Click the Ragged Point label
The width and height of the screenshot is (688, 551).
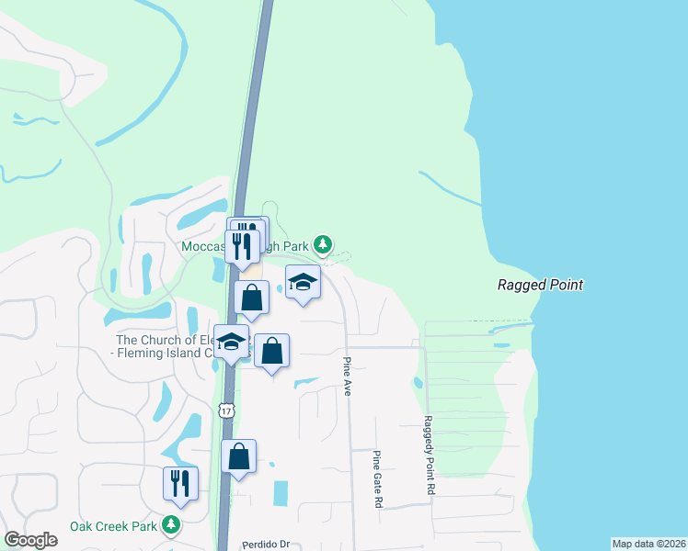(540, 285)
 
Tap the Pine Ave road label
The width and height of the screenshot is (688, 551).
(348, 377)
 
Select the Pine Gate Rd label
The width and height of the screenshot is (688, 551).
(377, 479)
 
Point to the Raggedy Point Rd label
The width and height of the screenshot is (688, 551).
(429, 455)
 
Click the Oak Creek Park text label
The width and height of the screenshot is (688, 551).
(114, 526)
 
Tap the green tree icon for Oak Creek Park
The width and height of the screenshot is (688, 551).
(170, 525)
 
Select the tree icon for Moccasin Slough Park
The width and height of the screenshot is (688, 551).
(322, 244)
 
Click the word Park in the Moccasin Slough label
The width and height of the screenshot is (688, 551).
(292, 245)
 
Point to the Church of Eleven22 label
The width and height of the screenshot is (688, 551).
(158, 345)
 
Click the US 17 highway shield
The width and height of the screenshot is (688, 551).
(225, 410)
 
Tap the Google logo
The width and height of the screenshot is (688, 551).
(31, 539)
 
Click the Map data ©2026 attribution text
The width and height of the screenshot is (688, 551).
(648, 544)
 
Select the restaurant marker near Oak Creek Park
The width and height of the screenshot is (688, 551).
(180, 483)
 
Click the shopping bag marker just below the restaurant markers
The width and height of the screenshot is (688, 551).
(251, 298)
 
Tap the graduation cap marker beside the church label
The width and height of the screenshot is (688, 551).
(231, 342)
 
